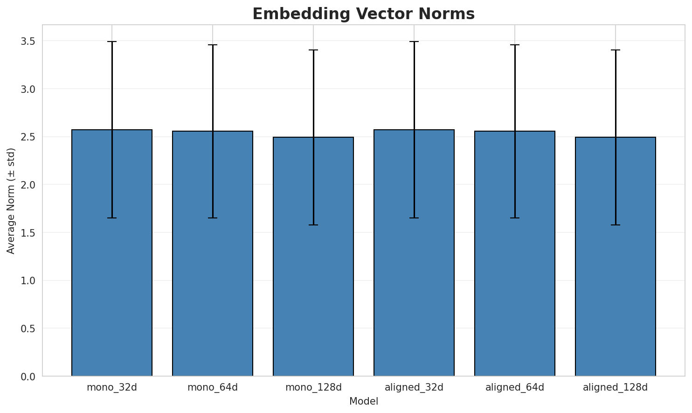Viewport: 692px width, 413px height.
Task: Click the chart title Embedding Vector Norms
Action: (x=363, y=14)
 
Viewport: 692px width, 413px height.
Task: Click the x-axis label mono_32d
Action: (x=112, y=387)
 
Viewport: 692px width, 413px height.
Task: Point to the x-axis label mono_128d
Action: (x=313, y=387)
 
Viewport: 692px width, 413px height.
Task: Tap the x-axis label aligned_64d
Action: (x=515, y=387)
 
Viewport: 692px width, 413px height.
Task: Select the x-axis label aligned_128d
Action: (x=616, y=387)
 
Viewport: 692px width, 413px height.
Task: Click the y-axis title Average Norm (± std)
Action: (x=11, y=201)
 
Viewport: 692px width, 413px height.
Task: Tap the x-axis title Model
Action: (x=363, y=401)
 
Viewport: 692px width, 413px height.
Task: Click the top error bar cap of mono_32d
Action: (x=112, y=42)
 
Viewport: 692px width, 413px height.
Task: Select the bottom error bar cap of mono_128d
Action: (x=313, y=225)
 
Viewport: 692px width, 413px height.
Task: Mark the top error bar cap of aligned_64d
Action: (x=515, y=45)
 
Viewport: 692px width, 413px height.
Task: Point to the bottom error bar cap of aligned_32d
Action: (x=414, y=218)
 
